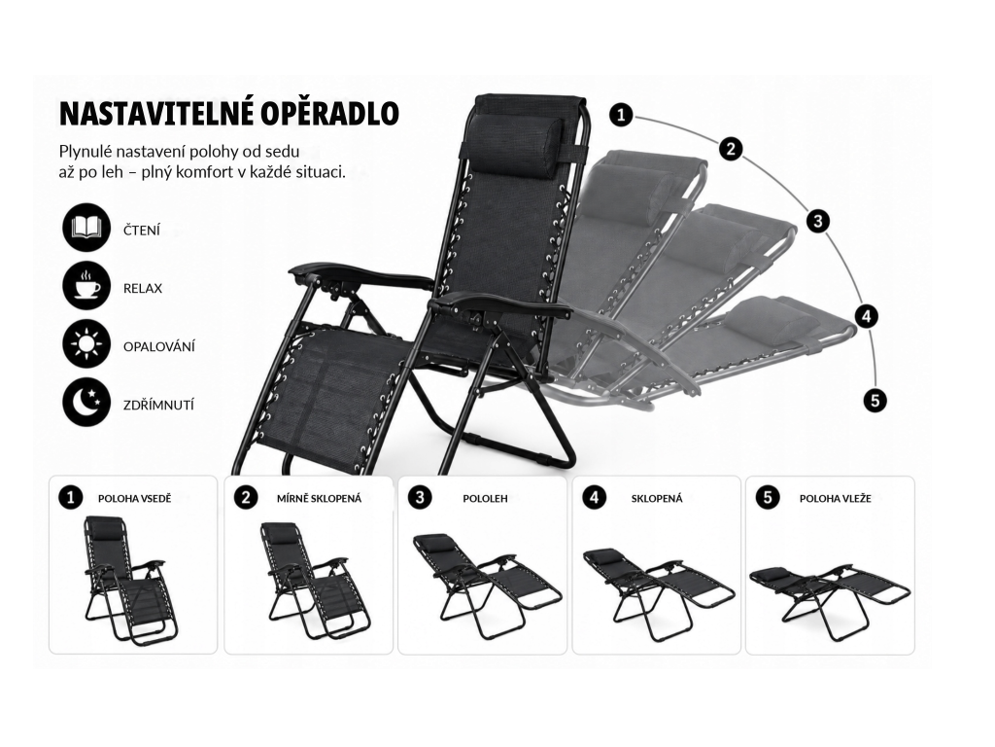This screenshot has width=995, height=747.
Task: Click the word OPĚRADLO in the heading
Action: (321, 113)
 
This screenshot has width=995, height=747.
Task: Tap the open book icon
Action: (86, 228)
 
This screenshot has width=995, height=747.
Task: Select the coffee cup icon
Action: (86, 286)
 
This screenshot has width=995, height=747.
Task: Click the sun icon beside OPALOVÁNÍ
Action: (86, 344)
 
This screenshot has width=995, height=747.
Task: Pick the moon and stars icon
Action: (86, 403)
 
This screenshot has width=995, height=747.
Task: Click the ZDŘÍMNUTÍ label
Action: (158, 405)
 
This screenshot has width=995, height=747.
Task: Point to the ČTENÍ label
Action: (142, 230)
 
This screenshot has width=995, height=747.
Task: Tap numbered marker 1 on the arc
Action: (621, 115)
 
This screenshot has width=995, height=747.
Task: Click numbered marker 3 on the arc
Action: (818, 221)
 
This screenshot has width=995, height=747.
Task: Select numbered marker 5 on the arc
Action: (875, 401)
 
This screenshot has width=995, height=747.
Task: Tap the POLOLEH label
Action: (485, 499)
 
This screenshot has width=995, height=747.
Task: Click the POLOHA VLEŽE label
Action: (835, 499)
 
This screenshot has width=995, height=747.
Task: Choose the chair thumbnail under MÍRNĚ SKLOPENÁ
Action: (316, 580)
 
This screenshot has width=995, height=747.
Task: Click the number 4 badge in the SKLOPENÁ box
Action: (594, 497)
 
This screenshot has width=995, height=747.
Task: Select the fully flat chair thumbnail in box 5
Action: (830, 596)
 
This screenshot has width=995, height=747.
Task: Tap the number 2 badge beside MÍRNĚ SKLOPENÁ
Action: (246, 497)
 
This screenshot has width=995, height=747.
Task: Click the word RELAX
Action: (143, 288)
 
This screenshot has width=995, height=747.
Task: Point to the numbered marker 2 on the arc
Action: (731, 149)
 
